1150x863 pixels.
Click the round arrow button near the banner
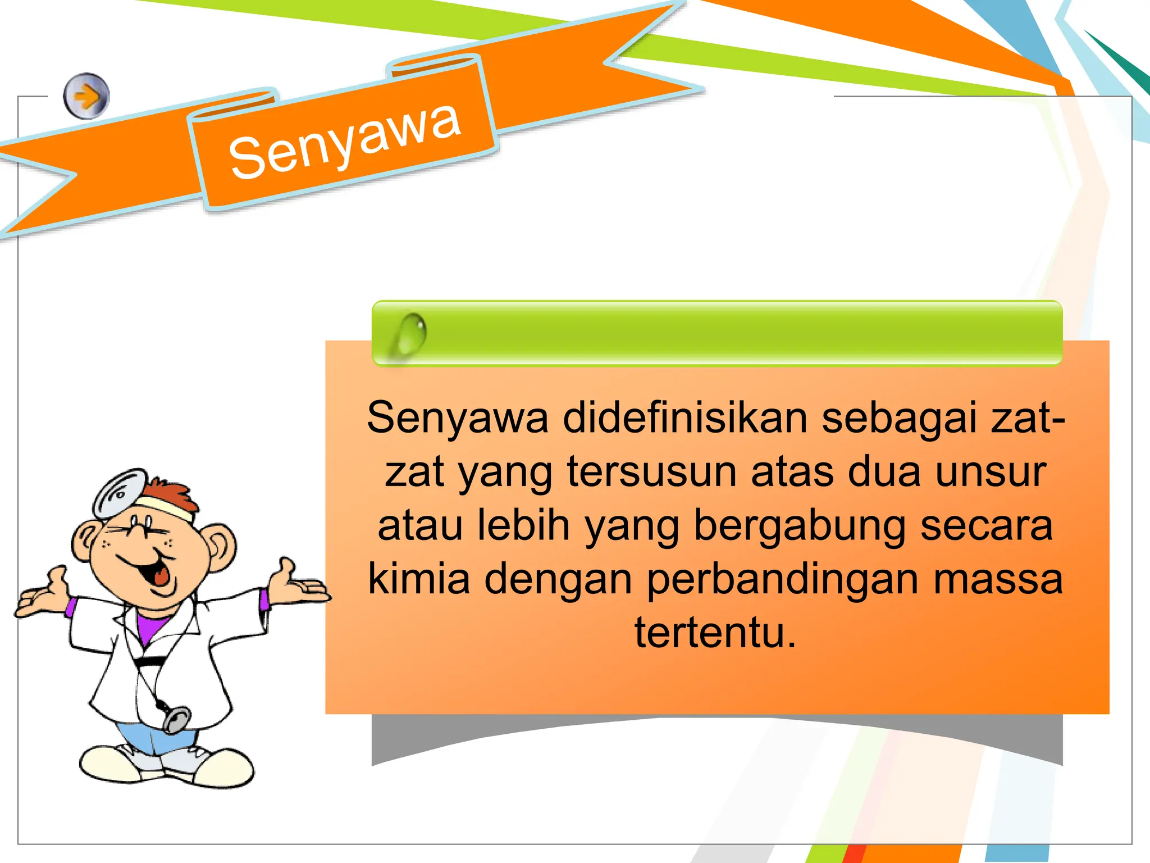pos(86,96)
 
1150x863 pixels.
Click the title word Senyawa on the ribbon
pos(345,142)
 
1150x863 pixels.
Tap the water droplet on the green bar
pos(412,334)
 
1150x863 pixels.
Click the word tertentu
pos(715,632)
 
